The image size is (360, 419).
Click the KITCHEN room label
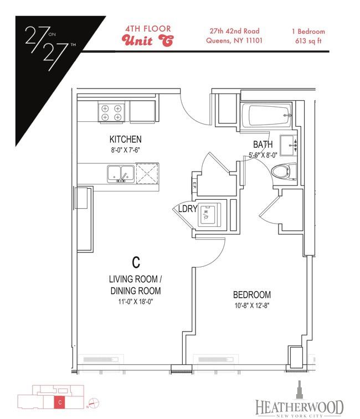[x=125, y=139]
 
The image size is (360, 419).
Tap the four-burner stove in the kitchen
[x=111, y=112]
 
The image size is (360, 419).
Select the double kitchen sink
[x=121, y=174]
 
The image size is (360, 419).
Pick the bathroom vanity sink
[x=289, y=146]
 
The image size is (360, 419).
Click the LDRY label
[x=188, y=209]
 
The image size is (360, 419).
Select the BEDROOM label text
[x=252, y=295]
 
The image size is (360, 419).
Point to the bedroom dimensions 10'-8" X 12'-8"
[x=252, y=306]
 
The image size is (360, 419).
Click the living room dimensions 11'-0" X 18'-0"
[x=136, y=302]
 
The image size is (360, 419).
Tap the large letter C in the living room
[x=136, y=262]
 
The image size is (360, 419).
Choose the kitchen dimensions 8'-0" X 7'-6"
[x=125, y=150]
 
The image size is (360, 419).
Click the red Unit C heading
[x=147, y=40]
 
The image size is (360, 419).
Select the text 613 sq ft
[x=308, y=41]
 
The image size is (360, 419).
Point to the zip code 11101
[x=254, y=40]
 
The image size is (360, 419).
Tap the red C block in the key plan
[x=60, y=402]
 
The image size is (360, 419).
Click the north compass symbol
[x=94, y=403]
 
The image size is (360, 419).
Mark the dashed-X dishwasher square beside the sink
[x=147, y=174]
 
